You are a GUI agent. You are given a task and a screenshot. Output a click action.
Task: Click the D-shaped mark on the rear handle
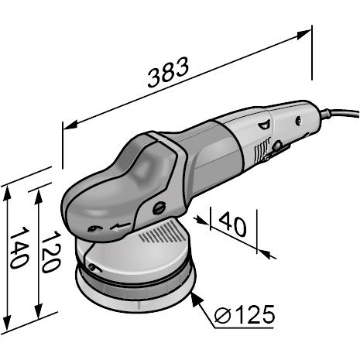(x=265, y=122)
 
